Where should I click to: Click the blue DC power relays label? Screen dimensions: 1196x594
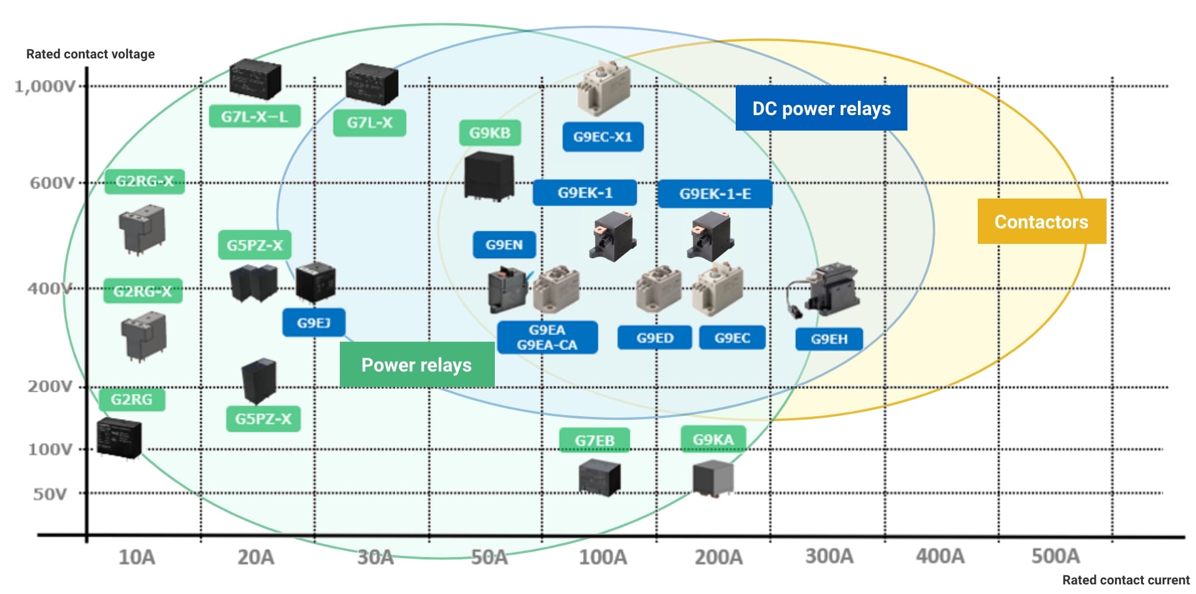point(821,108)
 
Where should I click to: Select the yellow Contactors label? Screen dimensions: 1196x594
point(1042,221)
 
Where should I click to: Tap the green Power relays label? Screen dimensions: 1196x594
point(417,364)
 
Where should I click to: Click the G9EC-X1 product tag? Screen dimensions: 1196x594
point(603,137)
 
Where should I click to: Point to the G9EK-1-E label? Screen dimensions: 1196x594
point(715,194)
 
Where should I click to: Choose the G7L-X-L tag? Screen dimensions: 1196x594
point(255,116)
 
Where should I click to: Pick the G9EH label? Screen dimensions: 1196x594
point(829,339)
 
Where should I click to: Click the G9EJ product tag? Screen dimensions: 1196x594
point(314,323)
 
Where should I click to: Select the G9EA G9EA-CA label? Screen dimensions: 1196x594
point(547,338)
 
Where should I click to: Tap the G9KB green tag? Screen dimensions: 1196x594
point(489,132)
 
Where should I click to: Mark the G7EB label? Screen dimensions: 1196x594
point(594,440)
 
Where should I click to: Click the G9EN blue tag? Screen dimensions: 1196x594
point(504,245)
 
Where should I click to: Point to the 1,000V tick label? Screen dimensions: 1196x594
point(45,86)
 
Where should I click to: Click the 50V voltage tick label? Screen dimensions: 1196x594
point(50,494)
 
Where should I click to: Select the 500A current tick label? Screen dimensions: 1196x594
point(1055,556)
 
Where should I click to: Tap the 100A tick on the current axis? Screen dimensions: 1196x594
point(603,557)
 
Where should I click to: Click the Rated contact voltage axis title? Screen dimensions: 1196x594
point(91,54)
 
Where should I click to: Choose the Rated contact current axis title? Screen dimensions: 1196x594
point(1126,580)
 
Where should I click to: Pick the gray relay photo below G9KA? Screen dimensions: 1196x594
point(713,478)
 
